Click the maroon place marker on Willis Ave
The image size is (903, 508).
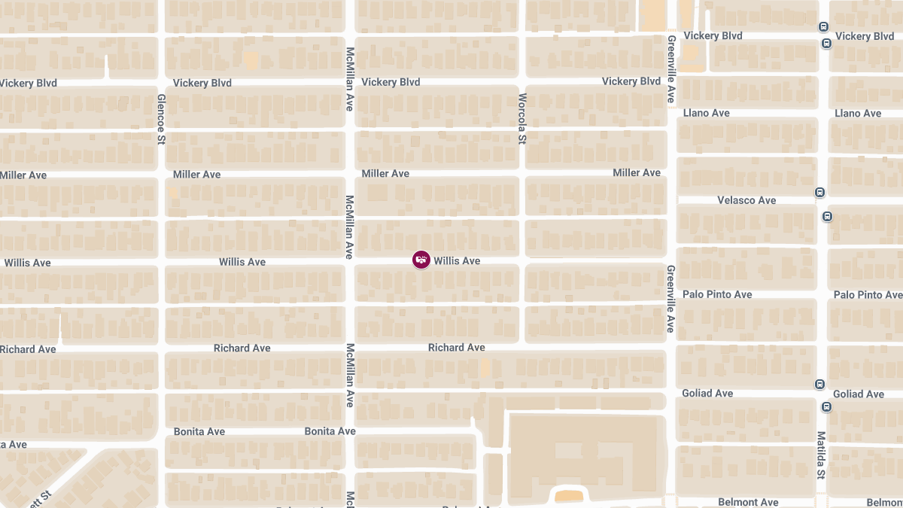click(421, 260)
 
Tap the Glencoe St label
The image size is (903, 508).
click(161, 119)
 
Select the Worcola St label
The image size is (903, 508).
click(522, 119)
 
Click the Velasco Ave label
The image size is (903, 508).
click(746, 200)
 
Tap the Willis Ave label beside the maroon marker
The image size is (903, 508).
click(457, 261)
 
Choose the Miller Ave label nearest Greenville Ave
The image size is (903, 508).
click(637, 173)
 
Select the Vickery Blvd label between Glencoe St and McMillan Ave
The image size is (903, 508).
click(202, 83)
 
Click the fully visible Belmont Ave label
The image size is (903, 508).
click(748, 502)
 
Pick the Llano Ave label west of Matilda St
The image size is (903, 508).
click(707, 113)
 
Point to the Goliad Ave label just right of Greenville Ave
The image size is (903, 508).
click(707, 394)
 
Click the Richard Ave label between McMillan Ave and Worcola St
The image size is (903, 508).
click(457, 348)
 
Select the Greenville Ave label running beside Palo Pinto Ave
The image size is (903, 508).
click(670, 299)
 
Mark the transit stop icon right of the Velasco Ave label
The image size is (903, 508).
click(819, 193)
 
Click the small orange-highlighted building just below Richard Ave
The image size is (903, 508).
click(485, 367)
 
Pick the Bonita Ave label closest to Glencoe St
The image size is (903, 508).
click(199, 432)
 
